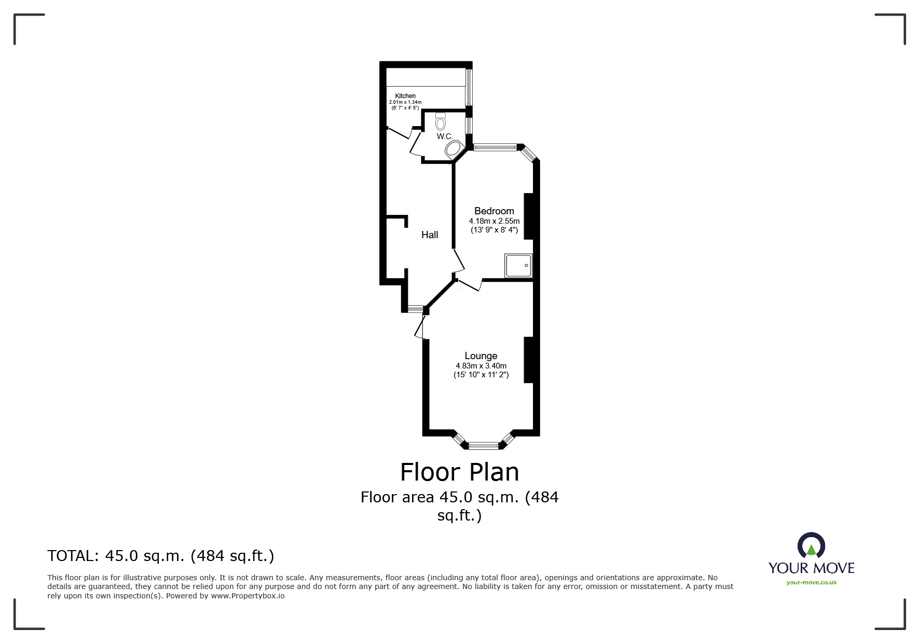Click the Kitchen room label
tap(405, 96)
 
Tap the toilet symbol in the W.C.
tap(441, 122)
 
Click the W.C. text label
tap(445, 136)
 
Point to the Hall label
tap(430, 235)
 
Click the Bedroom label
tap(494, 211)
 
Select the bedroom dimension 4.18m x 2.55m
tap(494, 221)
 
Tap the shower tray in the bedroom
tap(518, 266)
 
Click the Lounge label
tap(481, 356)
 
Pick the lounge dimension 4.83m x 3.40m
tap(481, 366)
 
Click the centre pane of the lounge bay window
tap(483, 445)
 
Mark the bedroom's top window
tap(495, 147)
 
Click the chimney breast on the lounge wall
tap(529, 360)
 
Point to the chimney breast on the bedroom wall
tap(529, 216)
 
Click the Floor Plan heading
tap(459, 472)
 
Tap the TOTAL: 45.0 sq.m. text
tap(160, 556)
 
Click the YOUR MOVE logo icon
tap(811, 545)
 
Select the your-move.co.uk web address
tap(811, 582)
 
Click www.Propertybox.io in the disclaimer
tap(248, 596)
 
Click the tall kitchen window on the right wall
tap(469, 86)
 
